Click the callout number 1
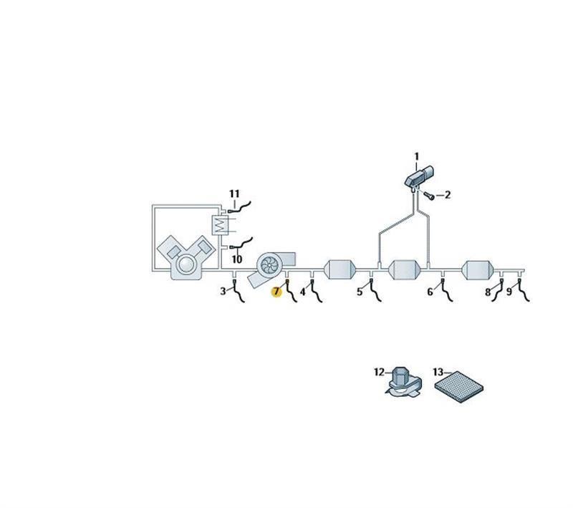(x=417, y=157)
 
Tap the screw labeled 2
(x=429, y=196)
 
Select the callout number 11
(x=234, y=193)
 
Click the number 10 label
(x=237, y=259)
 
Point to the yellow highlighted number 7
(x=276, y=292)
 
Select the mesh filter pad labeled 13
(x=459, y=387)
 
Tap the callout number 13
(x=438, y=372)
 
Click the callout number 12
(x=380, y=372)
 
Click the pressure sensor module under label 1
(x=419, y=176)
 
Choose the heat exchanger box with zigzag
(x=220, y=225)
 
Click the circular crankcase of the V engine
(x=186, y=264)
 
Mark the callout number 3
(x=223, y=292)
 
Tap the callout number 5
(x=360, y=292)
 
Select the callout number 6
(x=430, y=292)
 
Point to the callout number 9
(x=509, y=292)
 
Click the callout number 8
(x=488, y=292)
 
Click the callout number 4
(x=302, y=292)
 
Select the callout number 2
(x=448, y=195)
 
